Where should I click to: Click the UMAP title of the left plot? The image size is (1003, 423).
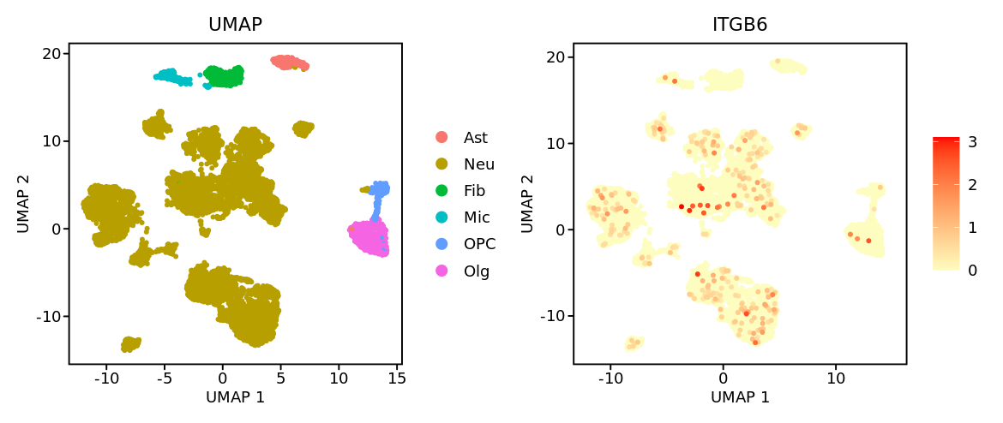[235, 25]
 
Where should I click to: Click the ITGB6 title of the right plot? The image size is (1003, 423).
[740, 25]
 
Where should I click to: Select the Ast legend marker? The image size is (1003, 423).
[441, 137]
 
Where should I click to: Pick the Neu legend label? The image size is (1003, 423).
[478, 164]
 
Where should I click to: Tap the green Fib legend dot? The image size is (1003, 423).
[441, 191]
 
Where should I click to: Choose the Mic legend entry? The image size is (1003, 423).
[477, 217]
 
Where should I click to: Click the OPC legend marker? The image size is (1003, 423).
[441, 244]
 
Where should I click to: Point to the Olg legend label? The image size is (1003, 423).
[477, 271]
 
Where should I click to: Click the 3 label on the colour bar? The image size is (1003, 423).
[972, 142]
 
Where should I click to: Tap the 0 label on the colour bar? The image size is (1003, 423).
[972, 271]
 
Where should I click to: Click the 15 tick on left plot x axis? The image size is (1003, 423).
[397, 378]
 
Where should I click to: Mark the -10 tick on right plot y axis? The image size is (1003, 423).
[552, 316]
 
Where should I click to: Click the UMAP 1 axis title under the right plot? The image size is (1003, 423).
[740, 397]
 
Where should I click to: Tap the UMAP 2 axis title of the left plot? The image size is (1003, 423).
[23, 204]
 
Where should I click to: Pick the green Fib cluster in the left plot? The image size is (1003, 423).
[224, 77]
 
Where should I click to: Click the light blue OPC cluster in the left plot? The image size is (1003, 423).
[378, 188]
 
